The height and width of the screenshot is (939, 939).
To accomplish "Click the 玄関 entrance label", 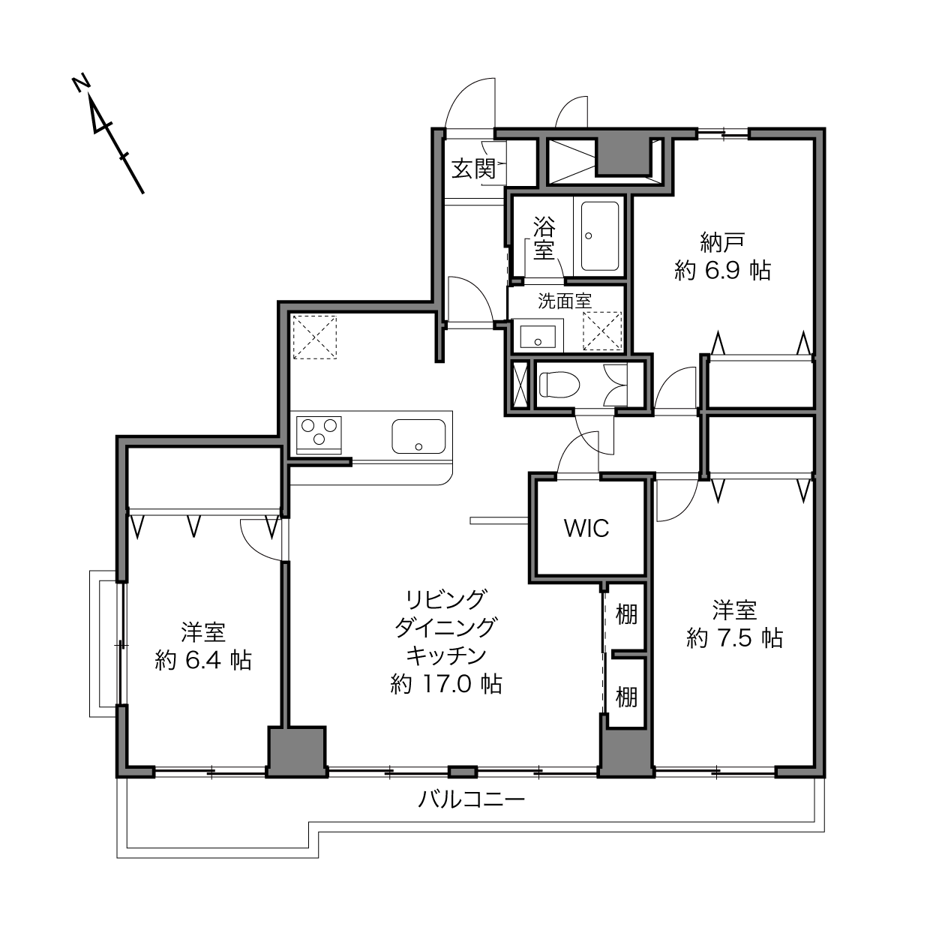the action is (474, 169).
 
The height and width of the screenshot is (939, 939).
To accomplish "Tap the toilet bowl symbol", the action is (559, 385).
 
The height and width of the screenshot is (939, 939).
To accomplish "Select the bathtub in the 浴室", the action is (600, 235).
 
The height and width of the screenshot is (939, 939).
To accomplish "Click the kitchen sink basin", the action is (418, 436).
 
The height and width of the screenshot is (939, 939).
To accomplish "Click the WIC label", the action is (586, 528).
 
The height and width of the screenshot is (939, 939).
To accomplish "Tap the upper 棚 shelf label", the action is (626, 613).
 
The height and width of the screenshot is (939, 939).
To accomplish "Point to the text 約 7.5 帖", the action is (734, 637).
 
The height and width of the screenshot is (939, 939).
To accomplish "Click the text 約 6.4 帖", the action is (203, 660).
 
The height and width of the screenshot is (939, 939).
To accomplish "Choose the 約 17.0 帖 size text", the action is (446, 684).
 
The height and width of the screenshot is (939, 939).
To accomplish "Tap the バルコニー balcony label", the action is (471, 799).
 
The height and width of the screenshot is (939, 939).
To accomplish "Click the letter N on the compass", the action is (81, 83).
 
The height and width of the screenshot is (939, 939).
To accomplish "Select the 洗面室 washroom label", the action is (565, 301).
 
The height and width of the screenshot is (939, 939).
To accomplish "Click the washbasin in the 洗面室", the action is (538, 336).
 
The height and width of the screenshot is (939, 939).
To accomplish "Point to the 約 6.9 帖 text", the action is (722, 270).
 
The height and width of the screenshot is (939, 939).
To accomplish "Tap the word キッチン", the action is (446, 655).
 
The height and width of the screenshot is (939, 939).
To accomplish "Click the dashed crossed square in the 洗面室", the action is (603, 331).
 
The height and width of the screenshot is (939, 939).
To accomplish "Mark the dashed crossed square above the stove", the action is (315, 337).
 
